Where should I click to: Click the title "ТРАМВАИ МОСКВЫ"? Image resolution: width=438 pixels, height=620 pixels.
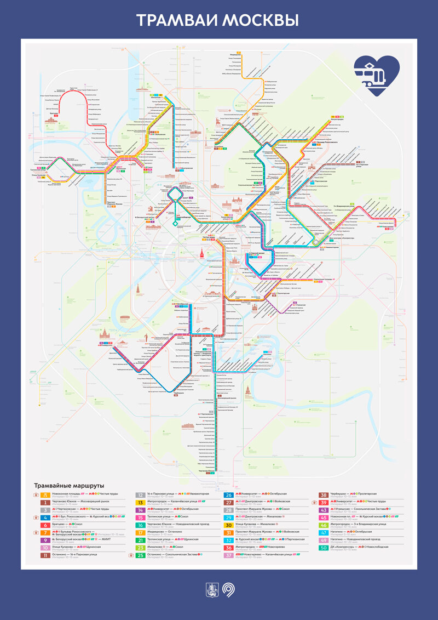[x=218, y=20]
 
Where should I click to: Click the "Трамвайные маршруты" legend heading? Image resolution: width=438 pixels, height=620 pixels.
[x=69, y=485]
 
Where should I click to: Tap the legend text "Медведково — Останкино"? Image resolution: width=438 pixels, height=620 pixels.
[x=166, y=531]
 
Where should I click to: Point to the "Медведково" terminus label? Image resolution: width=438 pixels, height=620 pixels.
[x=236, y=54]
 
